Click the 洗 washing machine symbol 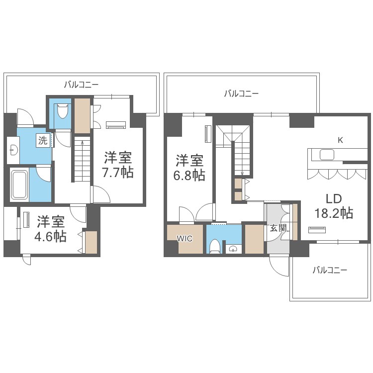tap(43, 140)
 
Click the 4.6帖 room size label tap(50, 236)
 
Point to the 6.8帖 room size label tap(189, 176)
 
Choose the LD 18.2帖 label tap(334, 206)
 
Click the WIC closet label tap(185, 238)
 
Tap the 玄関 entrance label tap(278, 228)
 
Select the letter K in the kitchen tap(340, 140)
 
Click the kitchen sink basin tap(327, 155)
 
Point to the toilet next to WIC tap(215, 246)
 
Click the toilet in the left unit tap(63, 111)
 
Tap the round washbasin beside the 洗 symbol tap(13, 150)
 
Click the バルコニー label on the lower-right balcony tap(330, 270)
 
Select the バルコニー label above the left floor tap(81, 85)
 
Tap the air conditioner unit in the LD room tap(317, 230)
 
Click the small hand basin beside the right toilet tap(233, 249)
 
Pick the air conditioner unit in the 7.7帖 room tap(116, 125)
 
